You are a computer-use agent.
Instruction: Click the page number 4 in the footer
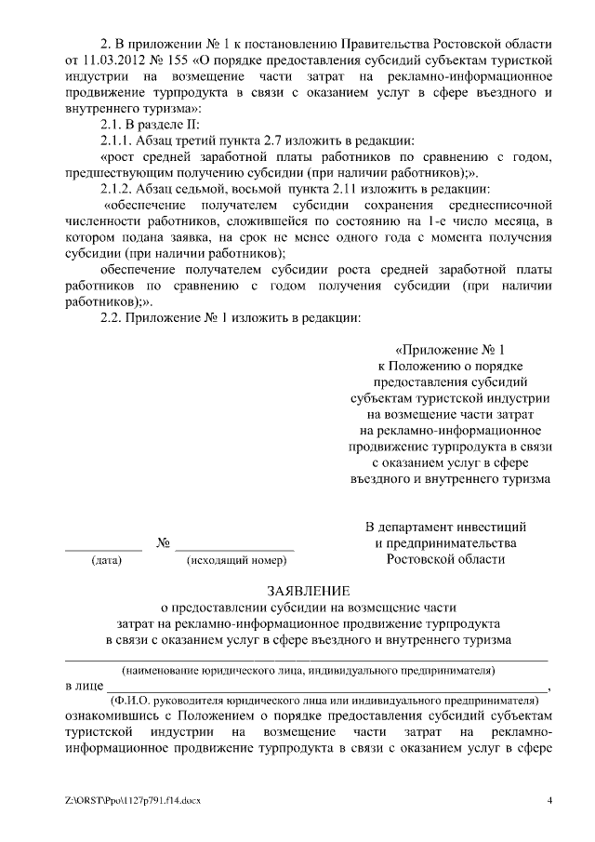(550, 800)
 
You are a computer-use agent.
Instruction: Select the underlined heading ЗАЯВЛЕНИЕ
(309, 590)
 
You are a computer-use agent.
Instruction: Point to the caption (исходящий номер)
(236, 561)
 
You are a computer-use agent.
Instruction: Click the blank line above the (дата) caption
(103, 550)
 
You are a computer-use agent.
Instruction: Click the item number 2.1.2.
(118, 189)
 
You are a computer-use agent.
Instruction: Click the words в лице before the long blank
(83, 686)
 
